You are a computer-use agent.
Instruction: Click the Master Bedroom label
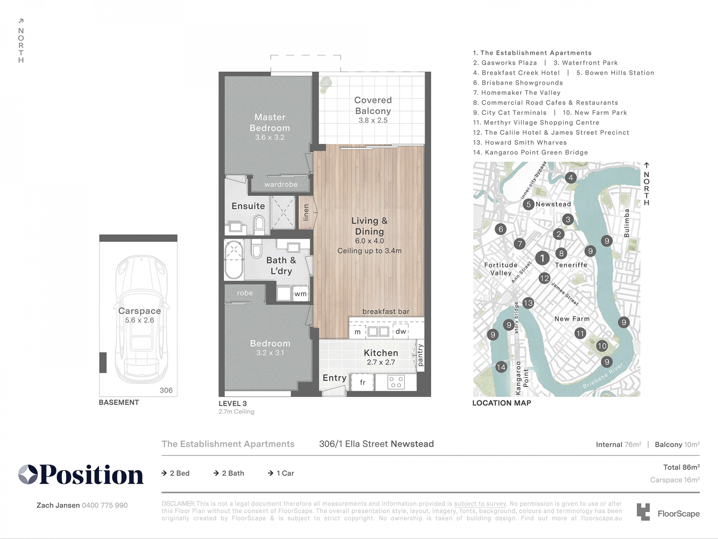270,122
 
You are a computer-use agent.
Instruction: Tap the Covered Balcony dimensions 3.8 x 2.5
373,121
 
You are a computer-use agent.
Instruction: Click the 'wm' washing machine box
300,294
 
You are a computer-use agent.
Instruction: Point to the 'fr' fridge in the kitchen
362,382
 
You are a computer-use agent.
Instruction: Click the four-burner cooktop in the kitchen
396,382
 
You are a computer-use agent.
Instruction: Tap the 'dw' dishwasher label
401,331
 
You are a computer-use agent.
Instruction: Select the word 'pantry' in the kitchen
420,355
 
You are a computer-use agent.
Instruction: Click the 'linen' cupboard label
306,212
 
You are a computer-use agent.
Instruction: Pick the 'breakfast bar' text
386,311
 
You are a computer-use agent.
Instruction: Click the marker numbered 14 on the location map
501,367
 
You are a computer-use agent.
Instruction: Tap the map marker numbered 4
570,178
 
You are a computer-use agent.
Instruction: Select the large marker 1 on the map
542,258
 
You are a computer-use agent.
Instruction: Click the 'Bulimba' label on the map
627,223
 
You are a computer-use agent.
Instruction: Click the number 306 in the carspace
166,390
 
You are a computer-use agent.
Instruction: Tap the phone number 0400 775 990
105,505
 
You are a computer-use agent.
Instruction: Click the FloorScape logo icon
643,512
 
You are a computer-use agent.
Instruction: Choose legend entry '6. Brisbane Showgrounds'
518,83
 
